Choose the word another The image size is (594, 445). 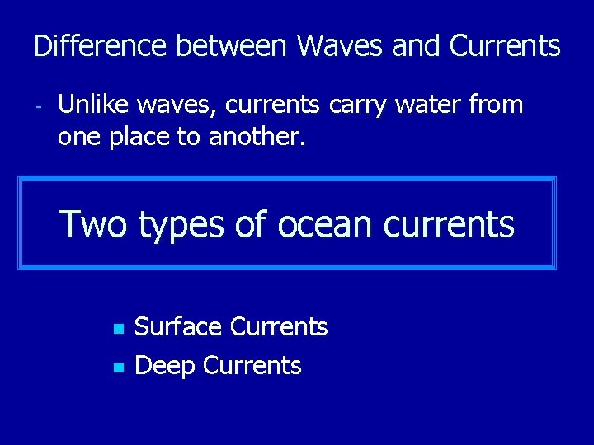[x=257, y=137]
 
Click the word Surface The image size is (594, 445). [x=178, y=327]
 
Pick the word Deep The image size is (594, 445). [x=164, y=366]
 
